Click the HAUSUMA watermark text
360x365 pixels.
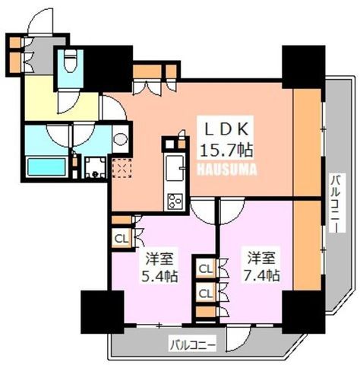click(227, 170)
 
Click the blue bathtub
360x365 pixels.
click(46, 167)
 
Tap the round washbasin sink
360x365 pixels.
click(120, 139)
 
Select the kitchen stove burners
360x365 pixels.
click(175, 202)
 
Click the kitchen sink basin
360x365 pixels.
click(174, 168)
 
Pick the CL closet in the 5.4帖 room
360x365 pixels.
click(122, 239)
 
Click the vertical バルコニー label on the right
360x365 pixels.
click(337, 203)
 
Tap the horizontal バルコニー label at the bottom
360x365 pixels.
click(193, 344)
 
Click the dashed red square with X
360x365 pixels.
click(122, 168)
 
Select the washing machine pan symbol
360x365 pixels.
click(95, 167)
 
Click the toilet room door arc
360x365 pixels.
click(68, 103)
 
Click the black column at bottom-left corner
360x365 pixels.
click(103, 312)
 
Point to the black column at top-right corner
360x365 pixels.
click(304, 67)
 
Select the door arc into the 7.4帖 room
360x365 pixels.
click(232, 211)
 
